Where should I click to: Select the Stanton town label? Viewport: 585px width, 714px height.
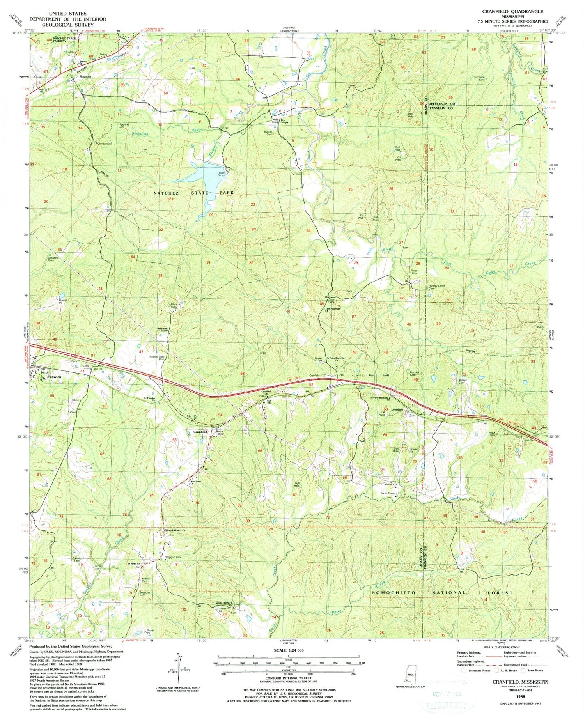click(x=85, y=77)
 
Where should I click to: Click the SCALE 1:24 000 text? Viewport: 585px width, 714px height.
click(x=288, y=650)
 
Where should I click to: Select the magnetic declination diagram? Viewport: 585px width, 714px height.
click(x=179, y=666)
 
